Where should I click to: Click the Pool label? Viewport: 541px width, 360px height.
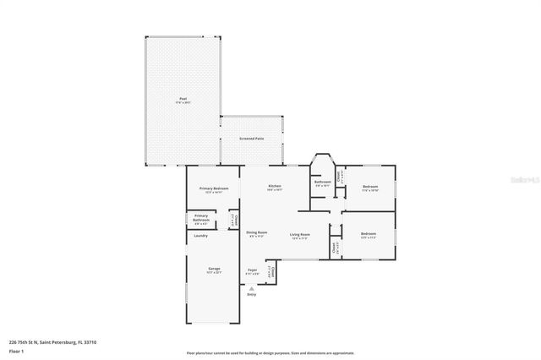183,100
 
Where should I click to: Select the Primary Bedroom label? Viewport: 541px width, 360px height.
214,188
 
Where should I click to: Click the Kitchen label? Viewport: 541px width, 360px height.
275,186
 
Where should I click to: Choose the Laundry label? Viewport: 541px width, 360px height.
200,236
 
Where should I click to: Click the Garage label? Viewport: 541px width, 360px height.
215,269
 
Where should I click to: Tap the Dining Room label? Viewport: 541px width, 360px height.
257,233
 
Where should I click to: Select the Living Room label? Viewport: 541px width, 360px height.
299,235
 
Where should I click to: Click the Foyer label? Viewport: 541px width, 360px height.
252,270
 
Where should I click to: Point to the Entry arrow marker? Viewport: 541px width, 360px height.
251,288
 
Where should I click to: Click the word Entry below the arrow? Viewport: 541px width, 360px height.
251,295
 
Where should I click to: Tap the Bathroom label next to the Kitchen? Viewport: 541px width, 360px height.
322,182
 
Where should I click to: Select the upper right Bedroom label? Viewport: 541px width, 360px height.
369,186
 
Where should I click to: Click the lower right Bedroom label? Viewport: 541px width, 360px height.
368,233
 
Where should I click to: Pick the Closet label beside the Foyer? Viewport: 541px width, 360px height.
271,271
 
